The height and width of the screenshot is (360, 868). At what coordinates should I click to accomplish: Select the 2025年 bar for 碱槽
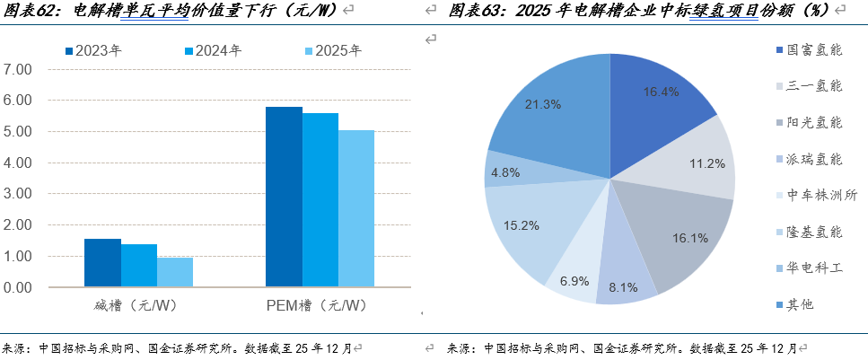point(175,272)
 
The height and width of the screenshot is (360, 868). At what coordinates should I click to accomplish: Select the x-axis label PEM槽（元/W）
point(317,306)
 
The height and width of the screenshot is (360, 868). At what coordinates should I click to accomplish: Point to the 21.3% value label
point(543,104)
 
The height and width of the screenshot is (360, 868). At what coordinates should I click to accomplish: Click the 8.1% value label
point(622,288)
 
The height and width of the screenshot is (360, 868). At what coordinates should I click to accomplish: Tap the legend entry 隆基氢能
point(813,232)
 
